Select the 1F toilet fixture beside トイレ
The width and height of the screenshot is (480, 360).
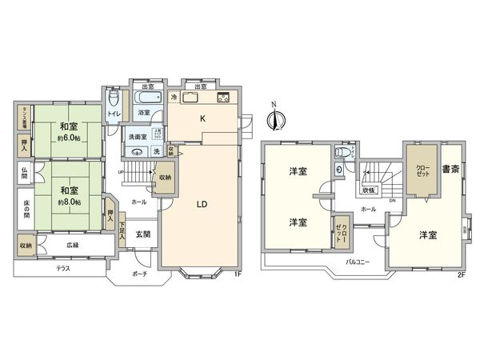114,99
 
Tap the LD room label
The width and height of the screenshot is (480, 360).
202,204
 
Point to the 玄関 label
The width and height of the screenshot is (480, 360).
143,234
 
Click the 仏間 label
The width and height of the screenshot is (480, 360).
24,172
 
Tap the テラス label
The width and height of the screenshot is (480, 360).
63,268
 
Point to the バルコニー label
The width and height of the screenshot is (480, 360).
357,261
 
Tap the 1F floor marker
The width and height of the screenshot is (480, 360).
237,274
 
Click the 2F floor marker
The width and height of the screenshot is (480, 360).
461,274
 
